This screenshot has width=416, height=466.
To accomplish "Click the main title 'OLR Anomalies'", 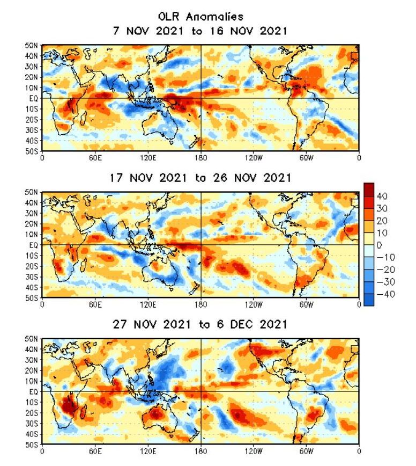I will point(200,18).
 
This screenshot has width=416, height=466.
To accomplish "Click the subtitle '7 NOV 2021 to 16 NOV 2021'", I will point(200,31).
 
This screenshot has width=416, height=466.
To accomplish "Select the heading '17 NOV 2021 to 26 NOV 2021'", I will point(200,178).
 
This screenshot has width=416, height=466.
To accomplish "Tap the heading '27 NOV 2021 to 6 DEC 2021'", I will point(200,325).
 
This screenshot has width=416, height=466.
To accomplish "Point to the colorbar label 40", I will point(382,196).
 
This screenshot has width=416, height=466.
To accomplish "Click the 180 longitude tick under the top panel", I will point(200,157).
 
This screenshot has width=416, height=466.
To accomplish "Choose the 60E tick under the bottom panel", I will point(95,452).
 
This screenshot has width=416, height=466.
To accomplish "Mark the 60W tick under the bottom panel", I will point(306,452).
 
